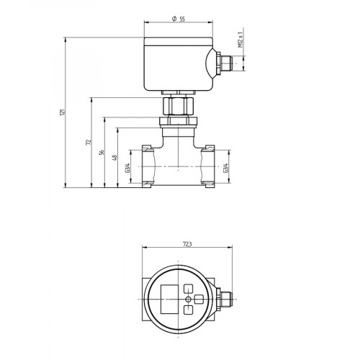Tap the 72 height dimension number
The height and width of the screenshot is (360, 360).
[88, 143]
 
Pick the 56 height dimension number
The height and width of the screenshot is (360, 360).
[102, 152]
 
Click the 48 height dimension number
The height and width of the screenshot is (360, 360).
[115, 158]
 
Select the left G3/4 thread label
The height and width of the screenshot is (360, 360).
[127, 168]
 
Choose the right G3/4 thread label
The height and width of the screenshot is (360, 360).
[228, 168]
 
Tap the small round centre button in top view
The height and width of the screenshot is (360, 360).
[189, 298]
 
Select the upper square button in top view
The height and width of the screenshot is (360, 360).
[189, 287]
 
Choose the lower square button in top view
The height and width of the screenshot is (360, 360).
[189, 309]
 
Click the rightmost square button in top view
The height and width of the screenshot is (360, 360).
[199, 298]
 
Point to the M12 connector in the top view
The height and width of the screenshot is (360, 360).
[225, 298]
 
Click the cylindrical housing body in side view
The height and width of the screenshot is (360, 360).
[177, 65]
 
